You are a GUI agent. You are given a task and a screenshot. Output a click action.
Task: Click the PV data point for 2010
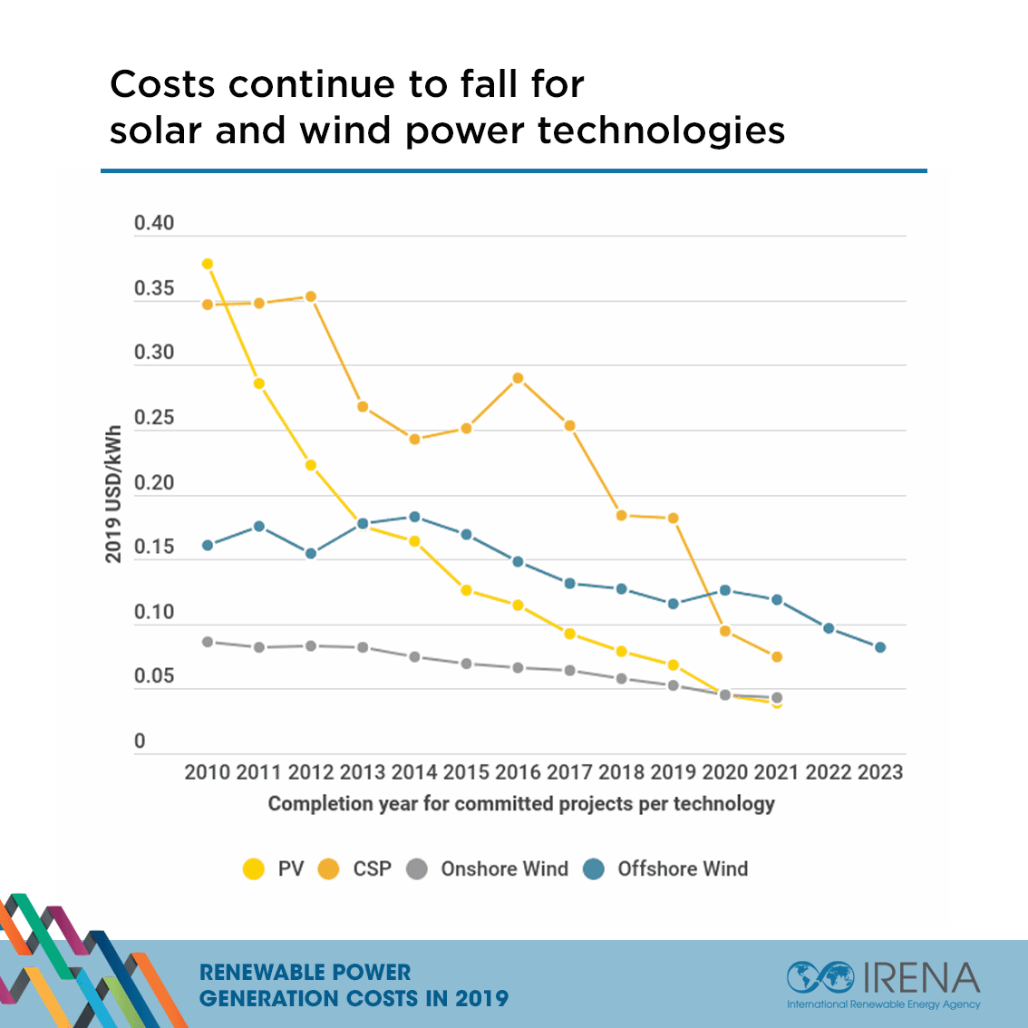click(x=208, y=264)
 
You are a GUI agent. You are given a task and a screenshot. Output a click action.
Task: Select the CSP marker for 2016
click(x=518, y=378)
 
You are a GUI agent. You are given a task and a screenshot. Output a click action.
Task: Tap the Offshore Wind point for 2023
click(x=880, y=647)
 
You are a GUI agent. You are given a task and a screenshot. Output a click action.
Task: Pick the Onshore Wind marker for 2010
click(x=208, y=642)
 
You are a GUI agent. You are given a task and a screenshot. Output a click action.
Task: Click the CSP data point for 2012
click(x=311, y=296)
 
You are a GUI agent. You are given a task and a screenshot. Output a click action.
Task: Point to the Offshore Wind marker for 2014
click(x=414, y=517)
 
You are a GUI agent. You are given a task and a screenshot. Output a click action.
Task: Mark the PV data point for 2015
click(x=466, y=590)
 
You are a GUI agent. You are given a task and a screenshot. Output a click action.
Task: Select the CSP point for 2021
click(x=777, y=656)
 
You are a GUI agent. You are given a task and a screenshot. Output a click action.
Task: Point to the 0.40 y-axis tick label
click(x=154, y=223)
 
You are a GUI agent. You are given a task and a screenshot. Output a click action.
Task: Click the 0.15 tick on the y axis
click(x=154, y=548)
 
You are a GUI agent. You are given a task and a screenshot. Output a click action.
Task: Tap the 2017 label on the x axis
click(x=569, y=772)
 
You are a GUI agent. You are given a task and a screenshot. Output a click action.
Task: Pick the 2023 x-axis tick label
click(x=880, y=772)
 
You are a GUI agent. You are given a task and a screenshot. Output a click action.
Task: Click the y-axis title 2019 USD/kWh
click(x=113, y=494)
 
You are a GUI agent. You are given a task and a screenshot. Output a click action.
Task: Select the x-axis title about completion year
click(x=521, y=803)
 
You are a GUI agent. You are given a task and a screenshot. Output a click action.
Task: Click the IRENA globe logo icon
click(x=819, y=977)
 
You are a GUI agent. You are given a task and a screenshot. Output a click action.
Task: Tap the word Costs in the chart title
click(x=162, y=84)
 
